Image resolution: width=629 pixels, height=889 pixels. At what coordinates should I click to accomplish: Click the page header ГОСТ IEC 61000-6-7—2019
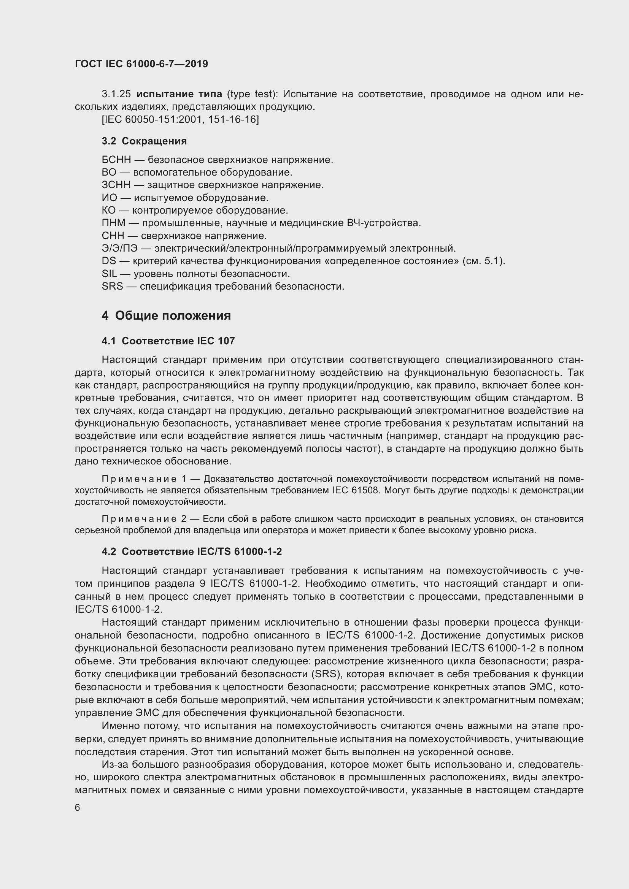pos(141,64)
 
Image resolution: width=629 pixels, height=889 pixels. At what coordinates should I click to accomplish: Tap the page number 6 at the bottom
pos(78,807)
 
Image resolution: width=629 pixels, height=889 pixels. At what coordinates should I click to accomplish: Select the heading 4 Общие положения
pos(166,315)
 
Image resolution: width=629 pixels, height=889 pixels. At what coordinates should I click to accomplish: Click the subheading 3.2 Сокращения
pos(144,141)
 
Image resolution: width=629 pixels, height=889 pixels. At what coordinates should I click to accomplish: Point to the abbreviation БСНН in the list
pos(116,160)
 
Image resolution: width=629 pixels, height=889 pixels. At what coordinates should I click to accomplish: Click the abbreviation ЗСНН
pos(116,185)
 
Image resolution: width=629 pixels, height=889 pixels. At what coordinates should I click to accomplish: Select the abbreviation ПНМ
pos(113,223)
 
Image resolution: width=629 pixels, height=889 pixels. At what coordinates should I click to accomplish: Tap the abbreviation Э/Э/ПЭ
pos(119,248)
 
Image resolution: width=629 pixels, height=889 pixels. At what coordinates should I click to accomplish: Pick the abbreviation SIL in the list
pos(109,274)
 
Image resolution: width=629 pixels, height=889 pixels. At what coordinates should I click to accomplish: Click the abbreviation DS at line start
pos(109,261)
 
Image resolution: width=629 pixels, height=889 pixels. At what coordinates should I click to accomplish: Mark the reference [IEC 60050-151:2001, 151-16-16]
pos(180,119)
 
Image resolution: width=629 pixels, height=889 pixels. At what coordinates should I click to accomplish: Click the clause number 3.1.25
pos(116,94)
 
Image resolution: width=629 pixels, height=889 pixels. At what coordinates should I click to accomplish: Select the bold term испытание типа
pos(179,94)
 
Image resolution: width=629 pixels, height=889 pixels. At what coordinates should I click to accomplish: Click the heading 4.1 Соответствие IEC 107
pos(168,341)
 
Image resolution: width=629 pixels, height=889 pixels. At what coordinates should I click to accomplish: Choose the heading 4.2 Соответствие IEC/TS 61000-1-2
pos(192,551)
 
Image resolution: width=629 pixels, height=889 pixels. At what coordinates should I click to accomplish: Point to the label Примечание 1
pos(144,479)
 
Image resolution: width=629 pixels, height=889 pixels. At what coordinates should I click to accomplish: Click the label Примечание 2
pos(144,519)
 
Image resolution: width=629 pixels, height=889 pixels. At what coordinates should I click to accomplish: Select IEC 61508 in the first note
pos(356,490)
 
